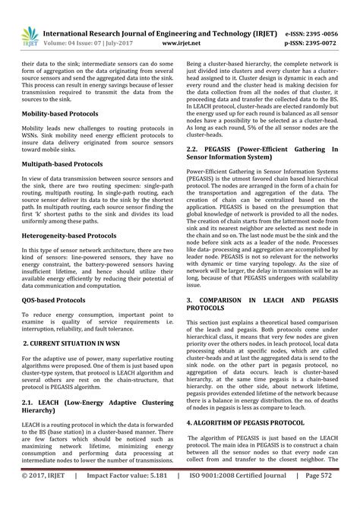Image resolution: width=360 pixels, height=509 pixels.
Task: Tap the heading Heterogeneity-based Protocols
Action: [70, 236]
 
